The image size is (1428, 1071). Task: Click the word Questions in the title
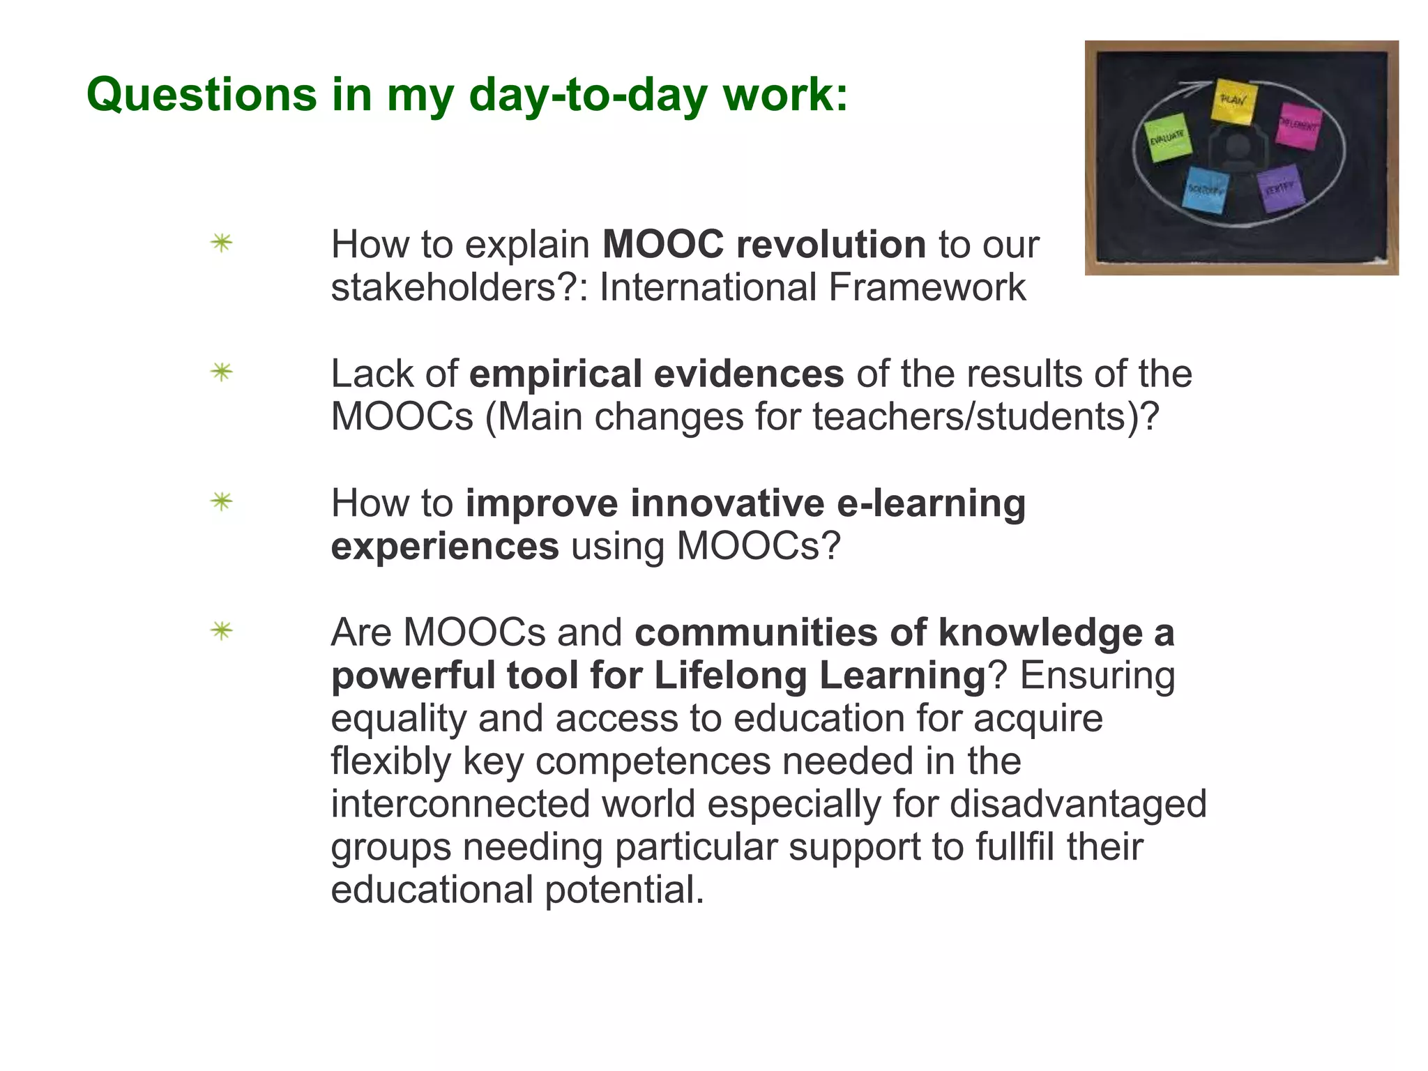202,94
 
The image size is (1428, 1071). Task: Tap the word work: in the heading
786,94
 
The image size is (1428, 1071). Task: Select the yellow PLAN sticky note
1234,102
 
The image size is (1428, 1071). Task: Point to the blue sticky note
1205,190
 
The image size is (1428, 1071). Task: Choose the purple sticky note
1280,188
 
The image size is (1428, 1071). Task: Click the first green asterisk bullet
222,243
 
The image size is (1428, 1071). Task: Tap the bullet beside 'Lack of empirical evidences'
222,372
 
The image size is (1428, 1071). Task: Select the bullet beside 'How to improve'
222,501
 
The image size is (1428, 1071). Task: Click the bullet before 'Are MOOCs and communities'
222,631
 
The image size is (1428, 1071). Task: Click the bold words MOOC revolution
764,245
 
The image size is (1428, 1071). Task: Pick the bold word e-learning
931,503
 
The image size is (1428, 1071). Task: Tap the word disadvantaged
1078,804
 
